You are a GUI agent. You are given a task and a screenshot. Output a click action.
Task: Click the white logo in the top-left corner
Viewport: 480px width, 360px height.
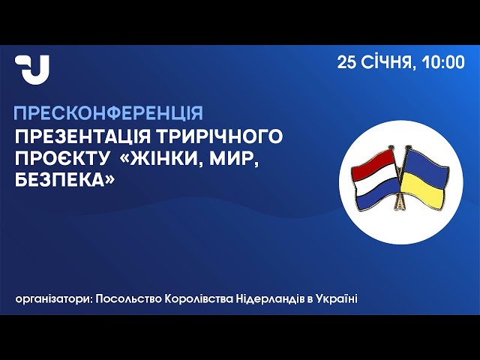[32, 70]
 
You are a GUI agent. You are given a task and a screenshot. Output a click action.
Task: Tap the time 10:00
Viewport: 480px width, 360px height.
[443, 62]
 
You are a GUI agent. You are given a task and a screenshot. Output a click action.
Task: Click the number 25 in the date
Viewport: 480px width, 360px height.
[346, 62]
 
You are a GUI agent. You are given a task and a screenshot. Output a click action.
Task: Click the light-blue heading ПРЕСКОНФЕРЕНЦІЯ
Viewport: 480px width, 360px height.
[108, 113]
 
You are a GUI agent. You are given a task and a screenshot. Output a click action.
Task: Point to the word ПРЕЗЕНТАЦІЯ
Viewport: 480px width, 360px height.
[82, 136]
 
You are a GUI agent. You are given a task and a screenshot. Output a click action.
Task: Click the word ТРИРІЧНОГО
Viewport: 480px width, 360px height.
[220, 136]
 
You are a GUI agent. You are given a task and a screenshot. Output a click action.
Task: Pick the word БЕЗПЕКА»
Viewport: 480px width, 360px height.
[64, 180]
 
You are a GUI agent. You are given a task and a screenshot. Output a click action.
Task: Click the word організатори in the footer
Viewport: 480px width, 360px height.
[53, 298]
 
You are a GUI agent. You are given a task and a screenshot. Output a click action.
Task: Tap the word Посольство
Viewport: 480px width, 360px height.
[128, 298]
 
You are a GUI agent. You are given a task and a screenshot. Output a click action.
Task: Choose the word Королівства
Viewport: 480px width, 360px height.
[199, 298]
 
